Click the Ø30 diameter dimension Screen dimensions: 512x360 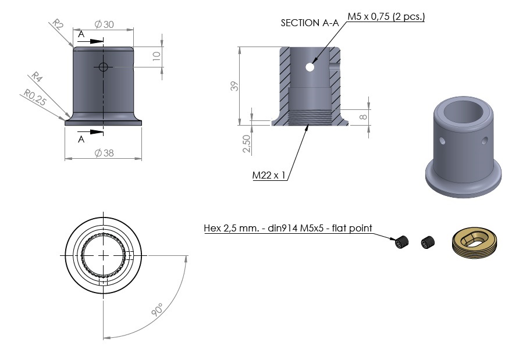[x=104, y=24]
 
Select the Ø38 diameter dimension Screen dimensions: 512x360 [x=104, y=153]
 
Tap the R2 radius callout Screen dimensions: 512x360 [x=58, y=24]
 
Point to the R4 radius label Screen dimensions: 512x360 [x=37, y=77]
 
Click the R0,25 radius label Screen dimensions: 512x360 [x=34, y=98]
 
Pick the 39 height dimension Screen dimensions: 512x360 [x=234, y=86]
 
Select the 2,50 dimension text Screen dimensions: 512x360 [x=247, y=144]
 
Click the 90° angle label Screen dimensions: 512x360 [x=158, y=310]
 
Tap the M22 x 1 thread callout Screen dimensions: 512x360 [x=269, y=175]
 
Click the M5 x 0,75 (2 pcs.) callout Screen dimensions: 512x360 [x=386, y=16]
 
